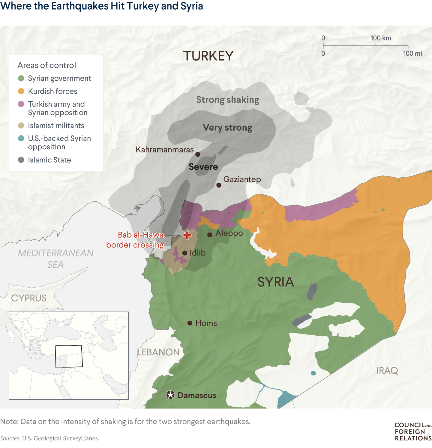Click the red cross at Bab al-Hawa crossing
tap(187, 235)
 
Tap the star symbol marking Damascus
tap(170, 395)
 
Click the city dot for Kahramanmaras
tap(198, 154)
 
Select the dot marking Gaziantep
tap(219, 185)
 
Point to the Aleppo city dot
tap(210, 235)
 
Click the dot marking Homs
tap(190, 323)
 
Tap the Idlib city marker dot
tap(185, 253)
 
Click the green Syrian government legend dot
tap(21, 79)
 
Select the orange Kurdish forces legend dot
tap(21, 91)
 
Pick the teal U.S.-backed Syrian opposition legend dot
tap(21, 138)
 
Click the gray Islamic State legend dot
tap(21, 160)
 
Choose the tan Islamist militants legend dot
tap(21, 126)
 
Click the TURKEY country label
tap(208, 56)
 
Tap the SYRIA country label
tap(276, 282)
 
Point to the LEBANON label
tap(158, 352)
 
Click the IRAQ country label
tap(387, 371)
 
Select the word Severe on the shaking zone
tap(203, 167)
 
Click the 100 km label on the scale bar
tap(381, 38)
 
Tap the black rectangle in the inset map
tap(69, 356)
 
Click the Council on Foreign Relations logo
tap(413, 432)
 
